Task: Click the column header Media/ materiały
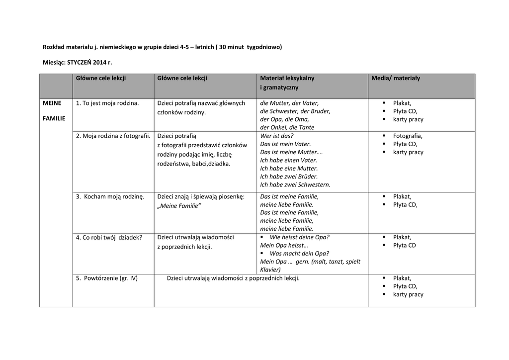[395, 78]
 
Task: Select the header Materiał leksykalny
[287, 78]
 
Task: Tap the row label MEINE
[52, 103]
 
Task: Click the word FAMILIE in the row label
[54, 118]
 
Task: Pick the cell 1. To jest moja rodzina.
[107, 103]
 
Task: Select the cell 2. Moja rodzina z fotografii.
[113, 136]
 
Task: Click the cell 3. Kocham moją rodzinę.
[110, 196]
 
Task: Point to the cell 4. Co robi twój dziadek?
[109, 237]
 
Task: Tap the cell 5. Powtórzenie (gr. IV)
[106, 278]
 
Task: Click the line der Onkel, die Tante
[287, 127]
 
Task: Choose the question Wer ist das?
[277, 136]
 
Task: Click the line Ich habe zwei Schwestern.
[295, 184]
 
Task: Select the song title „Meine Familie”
[179, 206]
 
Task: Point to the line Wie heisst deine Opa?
[299, 237]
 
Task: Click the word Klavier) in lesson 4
[270, 270]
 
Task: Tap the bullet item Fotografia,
[408, 136]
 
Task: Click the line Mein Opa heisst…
[284, 245]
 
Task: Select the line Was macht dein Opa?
[299, 253]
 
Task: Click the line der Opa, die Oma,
[284, 119]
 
